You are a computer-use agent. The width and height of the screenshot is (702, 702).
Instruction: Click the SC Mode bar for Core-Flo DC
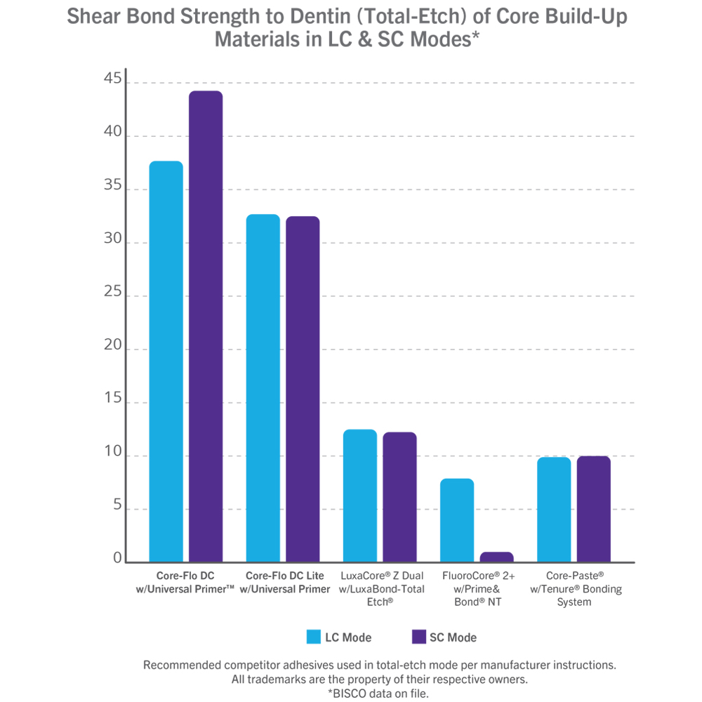(x=206, y=326)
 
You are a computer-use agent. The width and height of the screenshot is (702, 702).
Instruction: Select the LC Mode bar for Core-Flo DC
(x=166, y=362)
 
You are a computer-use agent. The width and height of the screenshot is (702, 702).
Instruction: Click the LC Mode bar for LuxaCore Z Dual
(x=360, y=496)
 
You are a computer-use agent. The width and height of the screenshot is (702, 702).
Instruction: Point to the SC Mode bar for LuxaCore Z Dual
(x=399, y=497)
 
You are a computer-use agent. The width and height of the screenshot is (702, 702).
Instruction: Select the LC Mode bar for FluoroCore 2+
(x=457, y=520)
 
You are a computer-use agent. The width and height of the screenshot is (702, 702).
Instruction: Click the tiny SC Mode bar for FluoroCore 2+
(x=496, y=557)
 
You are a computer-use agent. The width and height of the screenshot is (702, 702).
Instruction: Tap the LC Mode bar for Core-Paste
(x=554, y=510)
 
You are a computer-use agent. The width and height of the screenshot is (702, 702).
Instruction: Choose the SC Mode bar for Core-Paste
(x=593, y=509)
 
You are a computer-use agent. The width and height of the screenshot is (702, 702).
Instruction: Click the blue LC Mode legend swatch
(x=314, y=637)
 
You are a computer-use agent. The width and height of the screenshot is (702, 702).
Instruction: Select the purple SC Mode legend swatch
(x=418, y=637)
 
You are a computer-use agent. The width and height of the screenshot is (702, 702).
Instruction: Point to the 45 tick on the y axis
(x=112, y=81)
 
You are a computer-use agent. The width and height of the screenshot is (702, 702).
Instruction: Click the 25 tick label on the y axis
(x=112, y=294)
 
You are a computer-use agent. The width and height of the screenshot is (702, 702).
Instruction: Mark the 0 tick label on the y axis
(x=117, y=559)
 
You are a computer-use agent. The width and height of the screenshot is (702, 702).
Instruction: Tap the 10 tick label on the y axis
(x=112, y=454)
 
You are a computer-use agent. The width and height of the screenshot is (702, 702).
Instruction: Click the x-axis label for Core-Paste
(x=574, y=588)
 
